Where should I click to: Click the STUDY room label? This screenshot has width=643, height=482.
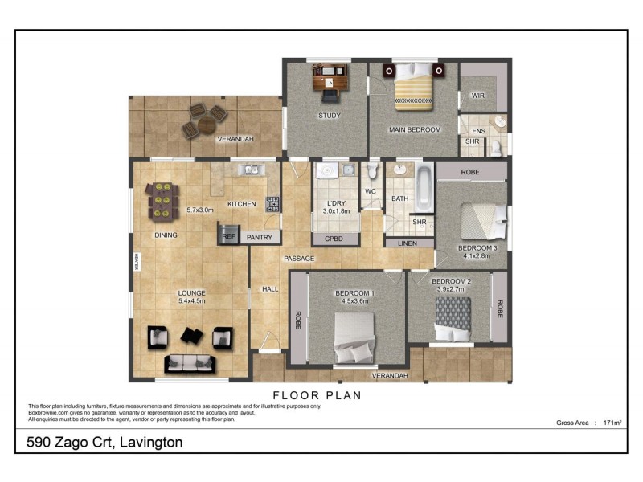[330, 116]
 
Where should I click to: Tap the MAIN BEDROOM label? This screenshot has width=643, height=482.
[415, 129]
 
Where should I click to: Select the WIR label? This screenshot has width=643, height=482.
[478, 96]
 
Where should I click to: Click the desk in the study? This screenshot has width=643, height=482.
[330, 81]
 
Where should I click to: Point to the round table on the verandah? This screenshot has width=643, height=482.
[207, 125]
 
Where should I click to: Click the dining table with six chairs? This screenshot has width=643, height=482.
[162, 201]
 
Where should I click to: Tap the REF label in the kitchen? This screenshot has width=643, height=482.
[228, 237]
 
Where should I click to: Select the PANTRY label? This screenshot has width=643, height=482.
[259, 238]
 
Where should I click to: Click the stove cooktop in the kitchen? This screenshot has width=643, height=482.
[272, 204]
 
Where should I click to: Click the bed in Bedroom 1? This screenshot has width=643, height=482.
[354, 337]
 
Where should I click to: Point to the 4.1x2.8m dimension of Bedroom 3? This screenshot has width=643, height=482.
[478, 258]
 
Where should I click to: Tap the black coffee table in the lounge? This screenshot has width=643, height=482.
[192, 335]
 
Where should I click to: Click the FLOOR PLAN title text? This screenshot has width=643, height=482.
[317, 395]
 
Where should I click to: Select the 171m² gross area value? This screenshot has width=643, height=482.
[613, 422]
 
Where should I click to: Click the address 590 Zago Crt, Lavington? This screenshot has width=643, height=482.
[105, 443]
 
